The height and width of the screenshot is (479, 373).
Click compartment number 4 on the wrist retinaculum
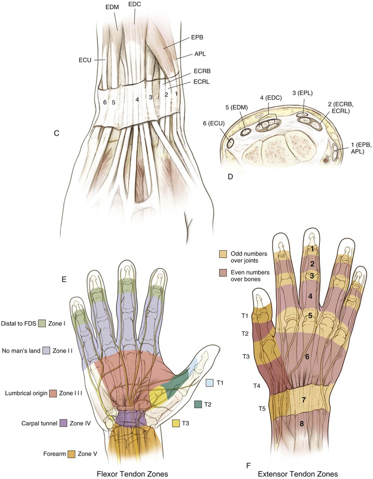(137, 99)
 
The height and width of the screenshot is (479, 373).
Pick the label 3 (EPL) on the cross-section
(301, 92)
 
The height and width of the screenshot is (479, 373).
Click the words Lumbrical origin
(24, 394)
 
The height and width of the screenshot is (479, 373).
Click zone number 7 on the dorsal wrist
(304, 400)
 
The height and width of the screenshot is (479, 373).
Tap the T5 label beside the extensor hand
(264, 408)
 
